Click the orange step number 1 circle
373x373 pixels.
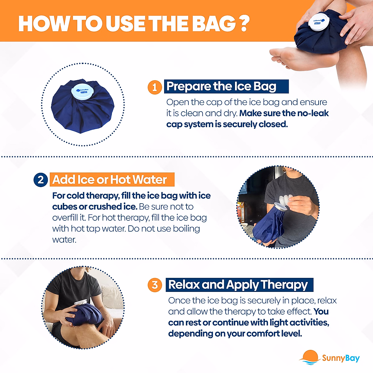(154, 87)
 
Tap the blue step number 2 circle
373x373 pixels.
(40, 180)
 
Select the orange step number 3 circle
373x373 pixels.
(155, 285)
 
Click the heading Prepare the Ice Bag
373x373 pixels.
(221, 86)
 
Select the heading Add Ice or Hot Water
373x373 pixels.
(109, 180)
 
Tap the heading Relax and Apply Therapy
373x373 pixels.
(238, 285)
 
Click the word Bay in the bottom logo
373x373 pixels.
(352, 358)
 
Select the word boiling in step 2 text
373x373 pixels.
(186, 229)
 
